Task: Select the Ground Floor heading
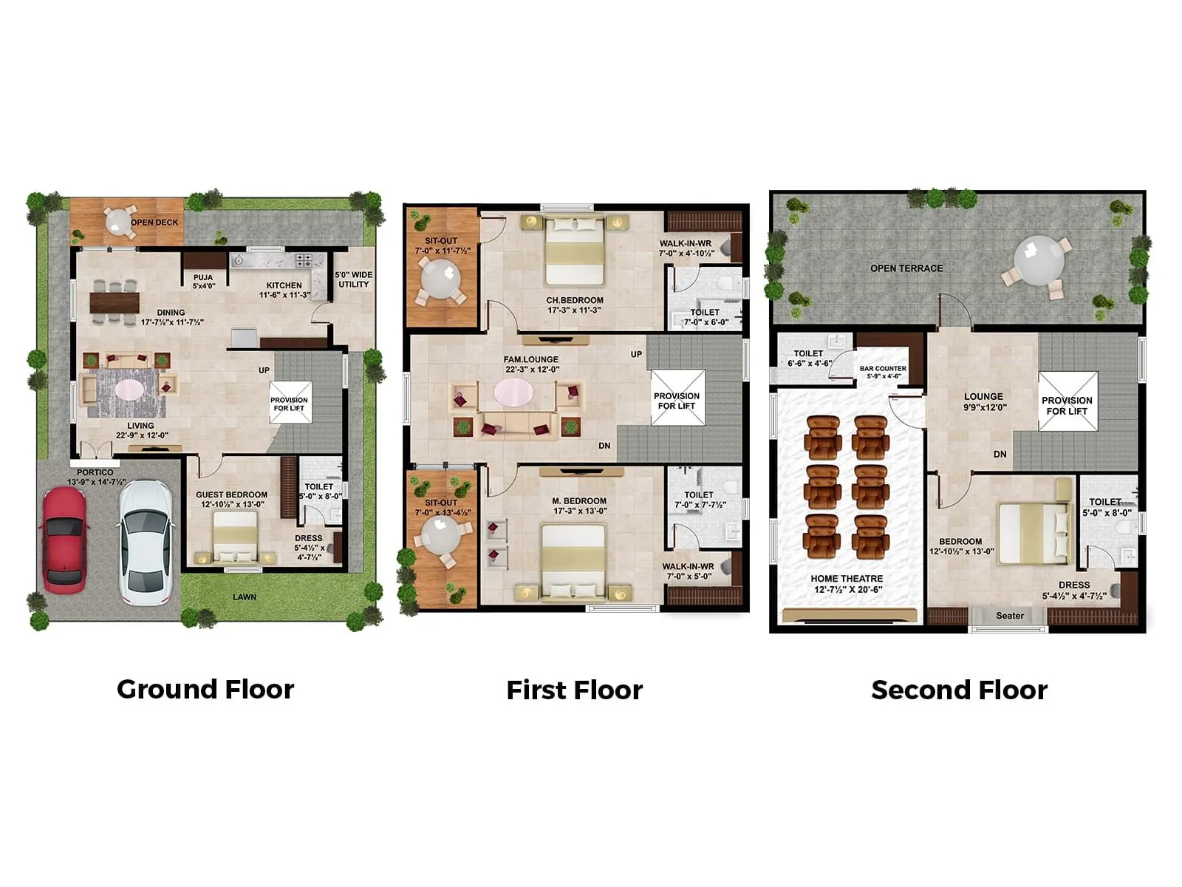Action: click(205, 689)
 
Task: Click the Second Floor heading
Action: click(959, 690)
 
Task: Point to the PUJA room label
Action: click(203, 282)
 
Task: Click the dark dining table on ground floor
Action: click(115, 302)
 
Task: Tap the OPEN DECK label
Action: click(154, 222)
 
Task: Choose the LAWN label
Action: click(245, 597)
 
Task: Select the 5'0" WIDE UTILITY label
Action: click(354, 279)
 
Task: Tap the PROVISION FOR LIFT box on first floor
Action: click(677, 399)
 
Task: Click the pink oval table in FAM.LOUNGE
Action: click(513, 392)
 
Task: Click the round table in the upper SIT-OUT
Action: click(440, 280)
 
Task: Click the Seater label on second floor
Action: click(1009, 616)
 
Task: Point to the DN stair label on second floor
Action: click(1000, 455)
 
